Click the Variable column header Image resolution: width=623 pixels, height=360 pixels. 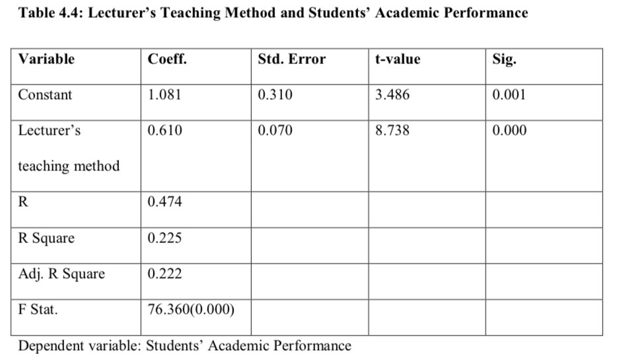[x=46, y=59]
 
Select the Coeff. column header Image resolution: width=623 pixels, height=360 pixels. [x=167, y=59]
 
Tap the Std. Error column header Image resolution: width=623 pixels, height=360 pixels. [x=291, y=59]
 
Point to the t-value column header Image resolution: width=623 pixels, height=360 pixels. [x=397, y=59]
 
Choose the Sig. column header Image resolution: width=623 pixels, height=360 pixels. [x=505, y=59]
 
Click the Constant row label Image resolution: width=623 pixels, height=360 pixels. [x=45, y=94]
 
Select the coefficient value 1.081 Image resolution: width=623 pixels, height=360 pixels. [x=164, y=94]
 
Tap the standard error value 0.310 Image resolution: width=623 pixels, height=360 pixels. [x=275, y=94]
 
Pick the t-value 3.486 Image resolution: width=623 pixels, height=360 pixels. [x=392, y=94]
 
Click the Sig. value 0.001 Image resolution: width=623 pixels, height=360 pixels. [x=509, y=94]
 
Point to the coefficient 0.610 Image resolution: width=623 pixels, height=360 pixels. [x=165, y=130]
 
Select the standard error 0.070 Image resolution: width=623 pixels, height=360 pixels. [x=275, y=130]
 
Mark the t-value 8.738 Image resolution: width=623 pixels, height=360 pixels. [x=392, y=130]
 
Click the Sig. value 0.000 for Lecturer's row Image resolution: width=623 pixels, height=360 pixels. [x=509, y=130]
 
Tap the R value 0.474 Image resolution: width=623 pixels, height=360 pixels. [x=165, y=202]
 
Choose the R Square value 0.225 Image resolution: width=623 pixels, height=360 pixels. [x=165, y=238]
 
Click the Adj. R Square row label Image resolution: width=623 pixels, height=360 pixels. [x=61, y=273]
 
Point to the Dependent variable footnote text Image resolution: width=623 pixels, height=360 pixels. [x=184, y=345]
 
